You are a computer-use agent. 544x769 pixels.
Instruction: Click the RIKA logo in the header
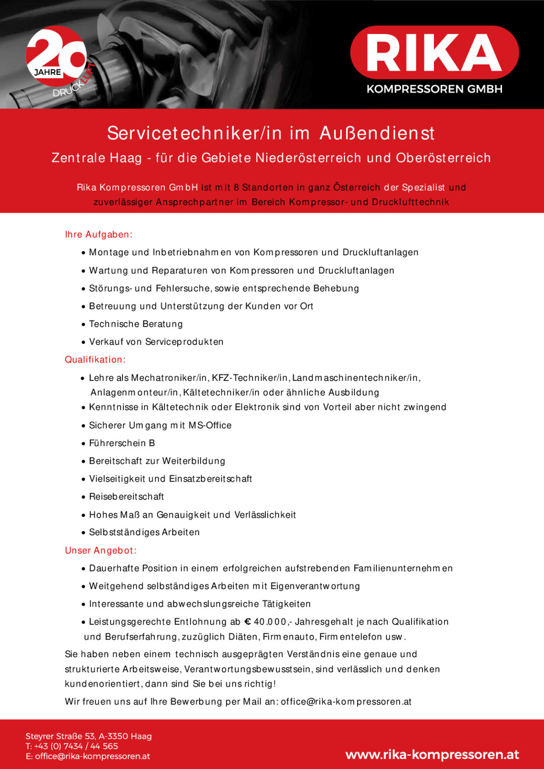click(x=434, y=52)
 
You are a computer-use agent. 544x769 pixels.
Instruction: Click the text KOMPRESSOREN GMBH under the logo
click(x=434, y=89)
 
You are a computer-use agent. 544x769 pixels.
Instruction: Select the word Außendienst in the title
click(x=377, y=133)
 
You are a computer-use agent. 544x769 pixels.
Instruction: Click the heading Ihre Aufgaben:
click(x=98, y=235)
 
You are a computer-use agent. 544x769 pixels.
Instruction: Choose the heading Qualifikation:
click(x=95, y=360)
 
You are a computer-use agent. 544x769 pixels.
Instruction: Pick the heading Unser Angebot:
click(x=100, y=551)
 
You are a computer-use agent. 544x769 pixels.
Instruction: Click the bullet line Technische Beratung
click(x=136, y=324)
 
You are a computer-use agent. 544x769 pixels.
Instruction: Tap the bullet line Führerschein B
click(x=122, y=443)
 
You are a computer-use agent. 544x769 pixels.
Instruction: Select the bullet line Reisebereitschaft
click(x=126, y=497)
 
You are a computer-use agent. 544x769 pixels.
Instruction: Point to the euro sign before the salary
click(x=247, y=622)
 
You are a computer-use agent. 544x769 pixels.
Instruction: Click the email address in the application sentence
click(x=346, y=701)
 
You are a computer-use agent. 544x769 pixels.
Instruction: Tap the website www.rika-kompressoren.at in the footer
click(x=432, y=755)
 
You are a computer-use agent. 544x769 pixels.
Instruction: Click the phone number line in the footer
click(x=72, y=746)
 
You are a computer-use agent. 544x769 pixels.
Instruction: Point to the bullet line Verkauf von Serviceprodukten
click(x=156, y=342)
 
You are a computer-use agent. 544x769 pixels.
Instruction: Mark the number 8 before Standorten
click(x=236, y=188)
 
